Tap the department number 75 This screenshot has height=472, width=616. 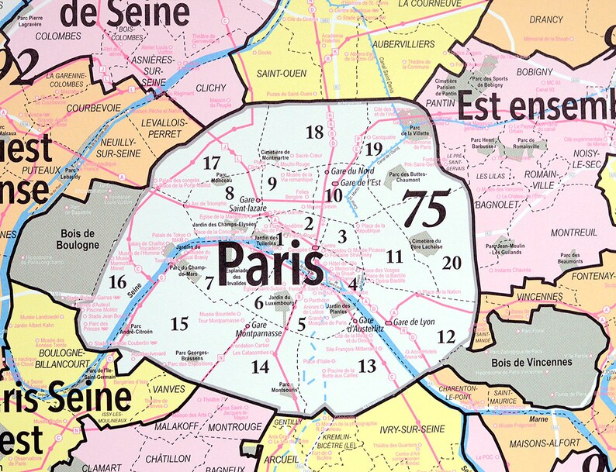(427, 208)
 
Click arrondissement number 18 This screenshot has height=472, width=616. (314, 131)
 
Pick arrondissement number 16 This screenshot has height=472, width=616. (118, 281)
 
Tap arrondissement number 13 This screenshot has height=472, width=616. (367, 365)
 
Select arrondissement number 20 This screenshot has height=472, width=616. (452, 263)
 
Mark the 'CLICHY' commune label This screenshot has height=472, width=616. (211, 88)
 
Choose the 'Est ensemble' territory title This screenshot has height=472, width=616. (535, 105)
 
